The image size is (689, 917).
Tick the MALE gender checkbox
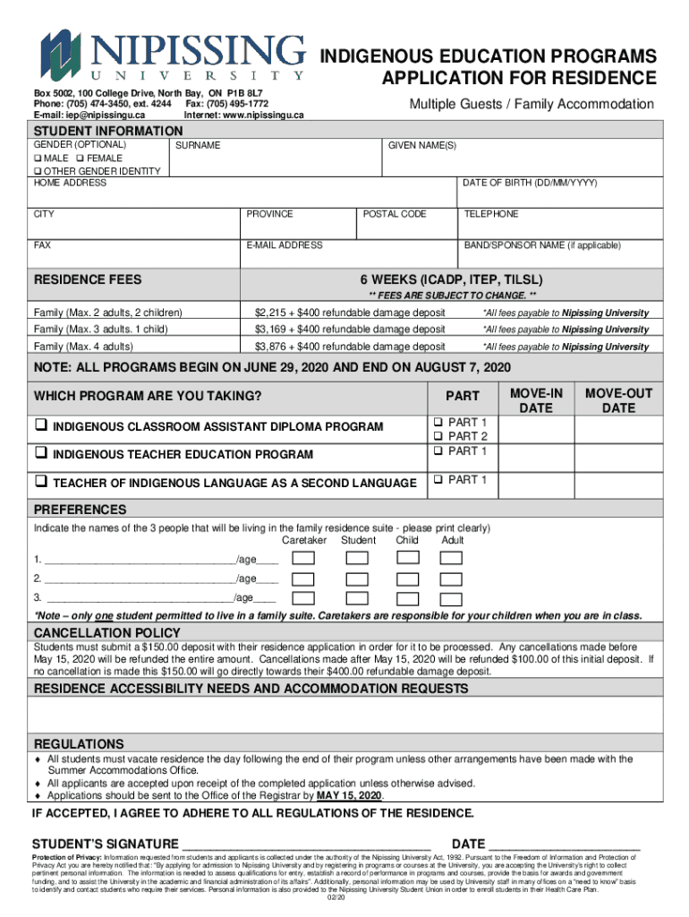[38, 159]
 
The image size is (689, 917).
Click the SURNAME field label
[198, 145]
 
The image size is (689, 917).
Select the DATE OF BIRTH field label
[530, 183]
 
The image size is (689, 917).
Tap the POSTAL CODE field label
[395, 214]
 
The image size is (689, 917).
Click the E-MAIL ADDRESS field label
[285, 244]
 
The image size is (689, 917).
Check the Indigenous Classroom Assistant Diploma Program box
[41, 427]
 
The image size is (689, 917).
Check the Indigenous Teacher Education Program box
[41, 454]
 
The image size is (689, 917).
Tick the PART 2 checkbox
[438, 436]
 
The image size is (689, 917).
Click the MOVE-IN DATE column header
[536, 400]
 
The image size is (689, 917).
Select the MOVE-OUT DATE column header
[618, 400]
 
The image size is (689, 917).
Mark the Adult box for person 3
[452, 598]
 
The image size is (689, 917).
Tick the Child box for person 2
[407, 578]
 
